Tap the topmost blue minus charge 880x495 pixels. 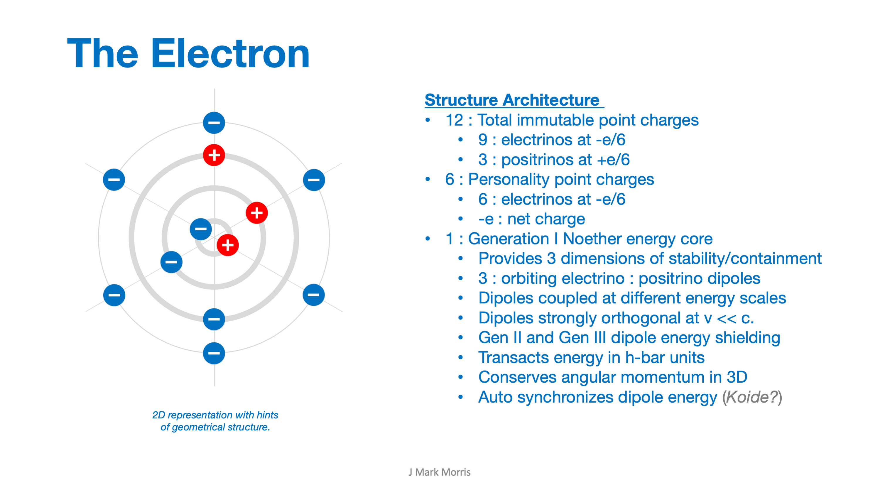pyautogui.click(x=214, y=123)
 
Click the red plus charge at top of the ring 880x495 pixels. pyautogui.click(x=214, y=155)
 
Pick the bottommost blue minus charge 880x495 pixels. pyautogui.click(x=214, y=353)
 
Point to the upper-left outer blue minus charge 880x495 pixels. pyautogui.click(x=114, y=180)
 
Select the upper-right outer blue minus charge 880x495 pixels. pyautogui.click(x=314, y=180)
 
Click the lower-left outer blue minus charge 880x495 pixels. pyautogui.click(x=114, y=295)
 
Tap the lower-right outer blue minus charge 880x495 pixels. pyautogui.click(x=314, y=295)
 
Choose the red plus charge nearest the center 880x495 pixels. pyautogui.click(x=227, y=245)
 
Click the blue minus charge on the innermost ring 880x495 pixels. pyautogui.click(x=201, y=229)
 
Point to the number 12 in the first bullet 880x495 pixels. pyautogui.click(x=454, y=120)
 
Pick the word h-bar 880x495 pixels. pyautogui.click(x=645, y=358)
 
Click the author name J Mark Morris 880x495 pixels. pyautogui.click(x=439, y=472)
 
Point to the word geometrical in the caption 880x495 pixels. pyautogui.click(x=198, y=427)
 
